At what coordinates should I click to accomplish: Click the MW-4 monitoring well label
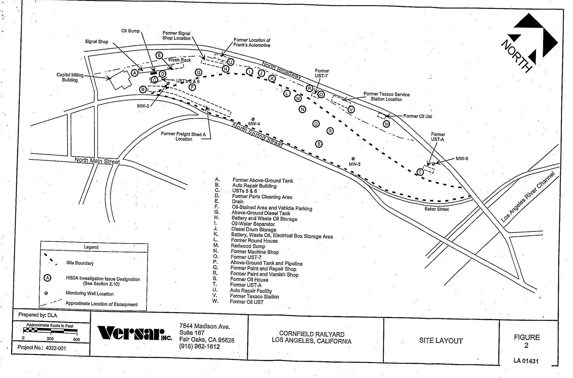point(254,124)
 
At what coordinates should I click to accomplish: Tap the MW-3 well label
point(354,164)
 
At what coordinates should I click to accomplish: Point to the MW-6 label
point(462,159)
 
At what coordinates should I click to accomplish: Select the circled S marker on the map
point(319,144)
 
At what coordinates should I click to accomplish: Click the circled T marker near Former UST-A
point(420,172)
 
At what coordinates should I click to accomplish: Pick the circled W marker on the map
point(386,124)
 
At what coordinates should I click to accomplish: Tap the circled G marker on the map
point(199,73)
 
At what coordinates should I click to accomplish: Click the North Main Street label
point(97,161)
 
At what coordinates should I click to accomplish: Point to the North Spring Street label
point(257,135)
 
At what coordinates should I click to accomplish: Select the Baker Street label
point(436,209)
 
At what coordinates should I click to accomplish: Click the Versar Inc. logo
point(134,333)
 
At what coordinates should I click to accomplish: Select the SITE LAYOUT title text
point(441,341)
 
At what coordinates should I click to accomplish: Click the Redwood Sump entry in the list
point(248,246)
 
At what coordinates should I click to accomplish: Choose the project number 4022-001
point(56,348)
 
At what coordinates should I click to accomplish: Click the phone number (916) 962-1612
point(200,346)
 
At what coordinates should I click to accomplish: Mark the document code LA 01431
point(526,361)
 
